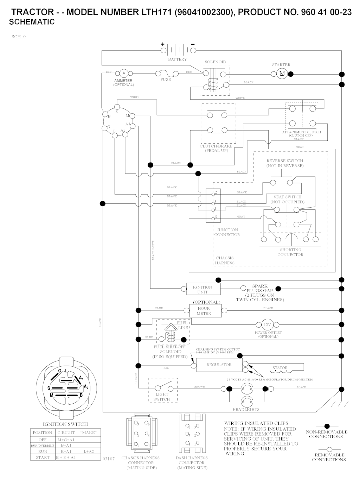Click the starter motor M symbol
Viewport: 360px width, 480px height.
click(282, 73)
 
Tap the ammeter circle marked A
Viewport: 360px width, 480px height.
click(123, 73)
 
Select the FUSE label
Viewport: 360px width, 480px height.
click(166, 80)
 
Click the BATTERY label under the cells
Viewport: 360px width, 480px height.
click(177, 59)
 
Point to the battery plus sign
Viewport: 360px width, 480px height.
click(162, 44)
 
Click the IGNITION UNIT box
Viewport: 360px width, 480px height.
click(203, 289)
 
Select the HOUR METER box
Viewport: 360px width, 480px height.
click(204, 311)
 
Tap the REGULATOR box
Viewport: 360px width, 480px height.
click(219, 365)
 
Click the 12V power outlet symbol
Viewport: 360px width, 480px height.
click(268, 325)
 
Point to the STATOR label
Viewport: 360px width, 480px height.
click(280, 368)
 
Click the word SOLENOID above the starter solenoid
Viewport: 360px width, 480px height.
click(216, 62)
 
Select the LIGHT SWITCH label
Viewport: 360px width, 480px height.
click(162, 397)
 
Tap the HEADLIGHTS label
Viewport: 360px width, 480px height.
click(246, 409)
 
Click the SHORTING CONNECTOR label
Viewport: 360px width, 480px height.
click(290, 252)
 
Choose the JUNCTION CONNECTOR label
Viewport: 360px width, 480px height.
click(227, 232)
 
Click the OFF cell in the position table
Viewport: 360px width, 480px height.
click(43, 440)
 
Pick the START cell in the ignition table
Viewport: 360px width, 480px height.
click(43, 457)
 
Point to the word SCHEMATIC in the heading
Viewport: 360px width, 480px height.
click(32, 22)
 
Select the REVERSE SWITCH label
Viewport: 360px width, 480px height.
click(285, 163)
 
